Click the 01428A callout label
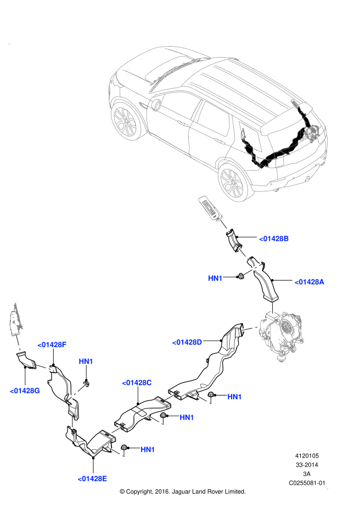(310, 282)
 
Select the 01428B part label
(274, 239)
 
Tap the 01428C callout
(137, 383)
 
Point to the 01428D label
(187, 342)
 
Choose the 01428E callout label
(92, 478)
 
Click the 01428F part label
(52, 344)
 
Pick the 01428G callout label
(25, 391)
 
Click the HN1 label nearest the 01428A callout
(215, 279)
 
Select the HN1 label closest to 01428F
(86, 361)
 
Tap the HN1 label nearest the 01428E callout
(148, 450)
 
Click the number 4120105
(307, 455)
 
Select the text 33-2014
(307, 465)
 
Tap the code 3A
(307, 473)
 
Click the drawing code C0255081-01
(307, 483)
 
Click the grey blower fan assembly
(283, 335)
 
